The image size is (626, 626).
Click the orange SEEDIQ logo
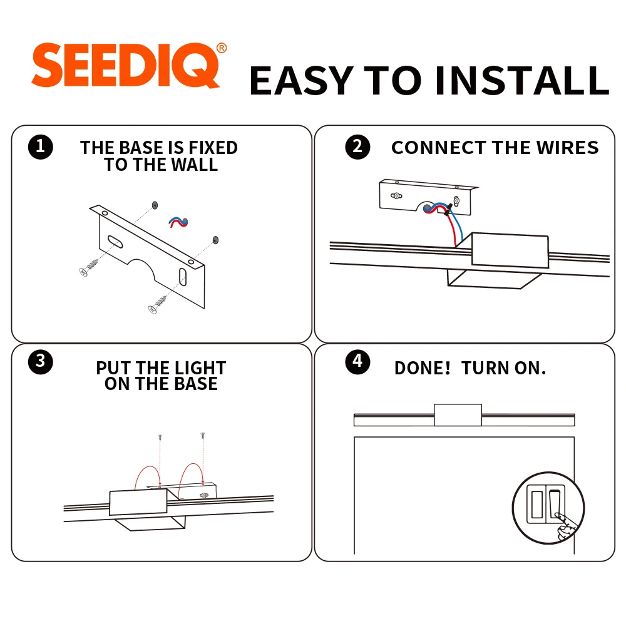click(x=125, y=65)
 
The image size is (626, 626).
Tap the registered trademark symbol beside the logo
click(x=222, y=48)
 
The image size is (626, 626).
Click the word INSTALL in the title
click(x=522, y=81)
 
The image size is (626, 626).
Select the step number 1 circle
click(x=40, y=147)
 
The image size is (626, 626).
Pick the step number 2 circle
click(x=357, y=147)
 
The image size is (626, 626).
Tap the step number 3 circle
click(x=40, y=362)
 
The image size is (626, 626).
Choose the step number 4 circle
click(x=357, y=362)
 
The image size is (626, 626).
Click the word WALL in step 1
click(x=195, y=165)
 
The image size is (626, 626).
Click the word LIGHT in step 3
click(x=200, y=367)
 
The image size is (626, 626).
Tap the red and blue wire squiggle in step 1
click(x=178, y=222)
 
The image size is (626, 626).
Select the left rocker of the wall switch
click(x=537, y=505)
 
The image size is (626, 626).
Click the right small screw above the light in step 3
click(x=203, y=435)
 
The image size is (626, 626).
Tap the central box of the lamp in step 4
click(x=458, y=415)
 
